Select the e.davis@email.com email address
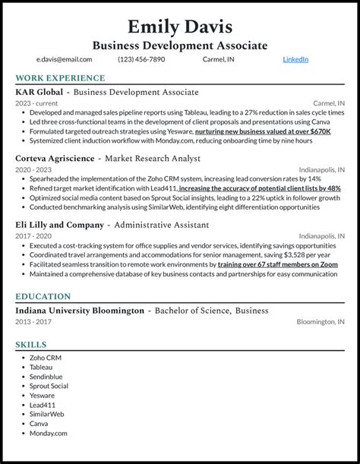point(65,59)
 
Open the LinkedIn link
point(295,59)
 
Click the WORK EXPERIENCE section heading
point(60,78)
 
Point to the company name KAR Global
point(38,92)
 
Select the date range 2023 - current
point(38,103)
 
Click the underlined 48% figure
point(333,188)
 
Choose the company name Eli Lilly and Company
point(59,225)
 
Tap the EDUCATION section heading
point(43,297)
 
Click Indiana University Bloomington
point(80,311)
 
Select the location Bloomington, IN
point(321,322)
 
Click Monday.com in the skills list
point(49,434)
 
